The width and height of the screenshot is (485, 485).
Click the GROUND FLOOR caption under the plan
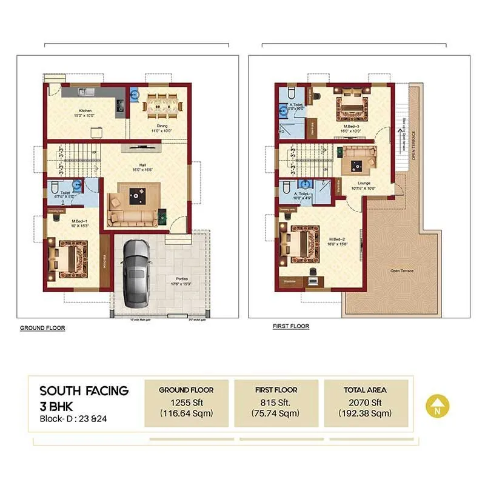(42, 328)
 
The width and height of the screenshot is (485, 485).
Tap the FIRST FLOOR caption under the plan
(291, 326)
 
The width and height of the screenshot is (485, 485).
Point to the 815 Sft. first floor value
(276, 402)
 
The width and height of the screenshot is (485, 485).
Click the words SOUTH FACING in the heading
(84, 390)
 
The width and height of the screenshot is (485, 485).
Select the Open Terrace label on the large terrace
(402, 270)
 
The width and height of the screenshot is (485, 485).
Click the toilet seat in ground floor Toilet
(54, 187)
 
